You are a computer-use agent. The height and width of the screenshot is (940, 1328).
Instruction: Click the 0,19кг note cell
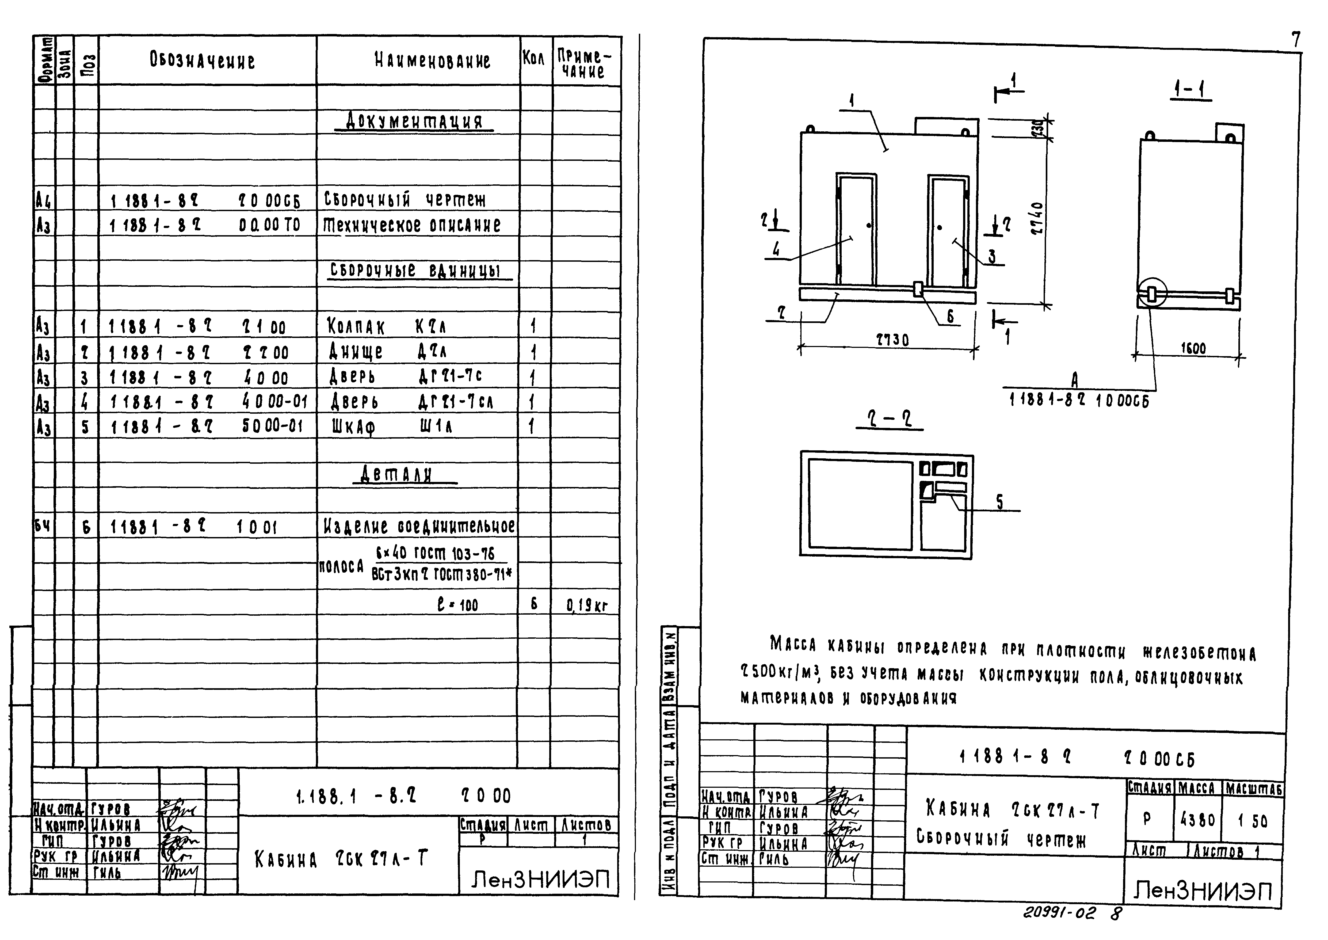click(x=587, y=606)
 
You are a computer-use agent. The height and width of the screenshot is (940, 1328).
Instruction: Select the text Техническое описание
click(x=411, y=224)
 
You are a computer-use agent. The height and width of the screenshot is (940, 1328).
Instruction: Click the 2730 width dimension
click(x=893, y=339)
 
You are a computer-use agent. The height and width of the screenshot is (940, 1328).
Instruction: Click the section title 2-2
click(x=889, y=419)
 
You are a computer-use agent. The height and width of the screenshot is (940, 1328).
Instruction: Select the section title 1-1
click(x=1192, y=90)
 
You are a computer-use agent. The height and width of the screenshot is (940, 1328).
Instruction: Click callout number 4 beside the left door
click(x=776, y=249)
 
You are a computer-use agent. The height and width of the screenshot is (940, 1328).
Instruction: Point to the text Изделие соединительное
click(x=418, y=526)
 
